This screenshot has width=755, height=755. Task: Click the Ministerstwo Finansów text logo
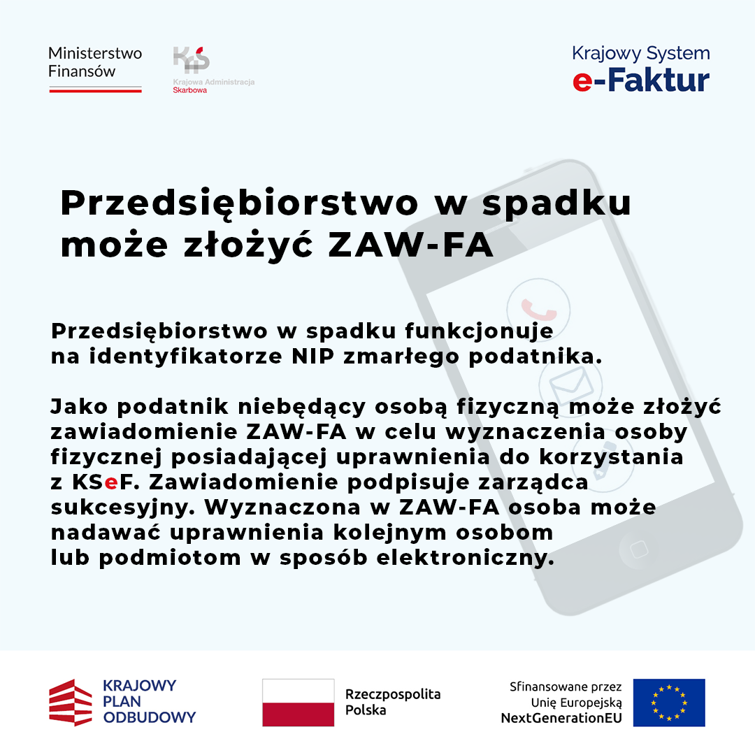(x=95, y=62)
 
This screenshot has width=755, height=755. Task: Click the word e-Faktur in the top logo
(x=640, y=80)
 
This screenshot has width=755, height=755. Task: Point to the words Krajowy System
(x=640, y=53)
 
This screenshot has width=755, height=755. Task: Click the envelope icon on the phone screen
(x=570, y=384)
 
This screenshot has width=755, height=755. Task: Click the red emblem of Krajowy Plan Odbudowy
(x=70, y=703)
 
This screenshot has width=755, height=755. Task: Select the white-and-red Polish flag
(x=298, y=703)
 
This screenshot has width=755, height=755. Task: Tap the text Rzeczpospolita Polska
(x=393, y=702)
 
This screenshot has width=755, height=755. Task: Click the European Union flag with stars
(x=669, y=702)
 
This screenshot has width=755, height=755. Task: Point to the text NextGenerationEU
(x=561, y=718)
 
